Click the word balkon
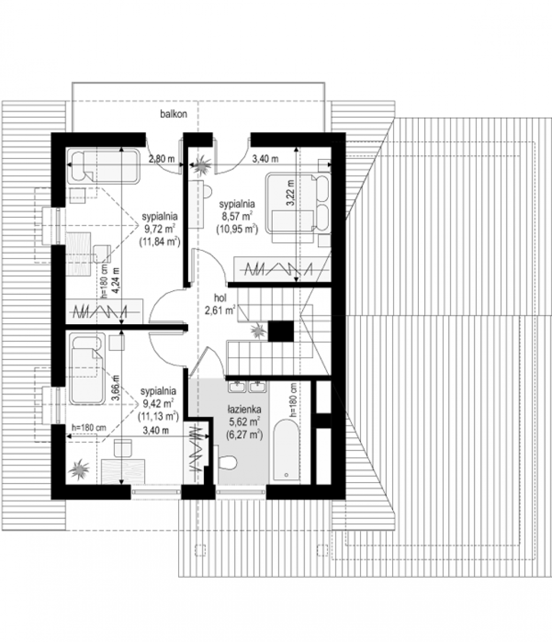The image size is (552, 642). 173,114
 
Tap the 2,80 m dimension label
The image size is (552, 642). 162,159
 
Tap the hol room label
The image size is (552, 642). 220,298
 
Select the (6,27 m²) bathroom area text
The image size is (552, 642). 244,434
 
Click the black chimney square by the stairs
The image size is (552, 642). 281,331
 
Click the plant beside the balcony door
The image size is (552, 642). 202,164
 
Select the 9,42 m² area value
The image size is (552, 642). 157,403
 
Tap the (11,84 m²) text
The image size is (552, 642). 159,241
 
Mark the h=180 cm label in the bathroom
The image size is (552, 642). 294,400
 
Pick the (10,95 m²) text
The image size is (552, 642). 237,229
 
